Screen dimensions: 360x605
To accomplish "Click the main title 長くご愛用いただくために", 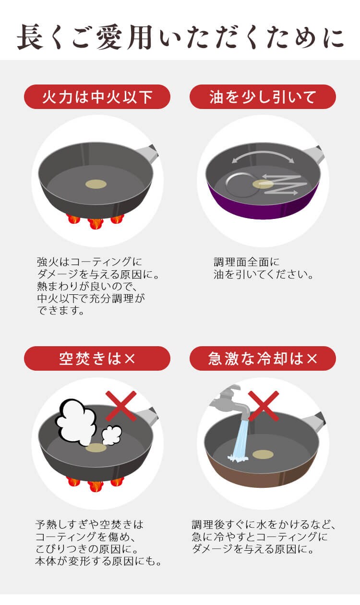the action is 180,37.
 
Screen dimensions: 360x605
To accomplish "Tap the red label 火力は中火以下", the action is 97,97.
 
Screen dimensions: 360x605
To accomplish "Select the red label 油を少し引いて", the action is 263,97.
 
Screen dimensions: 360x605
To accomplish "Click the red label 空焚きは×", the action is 97,358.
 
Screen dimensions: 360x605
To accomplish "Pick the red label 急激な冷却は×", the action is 263,358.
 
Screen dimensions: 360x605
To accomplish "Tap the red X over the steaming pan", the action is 121,406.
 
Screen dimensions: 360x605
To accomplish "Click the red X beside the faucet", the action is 264,406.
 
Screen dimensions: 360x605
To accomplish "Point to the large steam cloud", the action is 76,422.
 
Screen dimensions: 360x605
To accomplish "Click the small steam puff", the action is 111,435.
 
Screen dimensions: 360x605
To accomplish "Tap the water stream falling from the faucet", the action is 240,440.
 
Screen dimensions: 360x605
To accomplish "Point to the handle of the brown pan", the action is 314,422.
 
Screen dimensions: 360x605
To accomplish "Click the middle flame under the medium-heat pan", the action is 96,223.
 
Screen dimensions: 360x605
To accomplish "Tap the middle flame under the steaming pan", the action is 96,485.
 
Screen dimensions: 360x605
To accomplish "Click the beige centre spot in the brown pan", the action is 263,454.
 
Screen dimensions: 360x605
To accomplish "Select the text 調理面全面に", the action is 247,262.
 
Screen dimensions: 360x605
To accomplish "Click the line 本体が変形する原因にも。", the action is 98,561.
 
